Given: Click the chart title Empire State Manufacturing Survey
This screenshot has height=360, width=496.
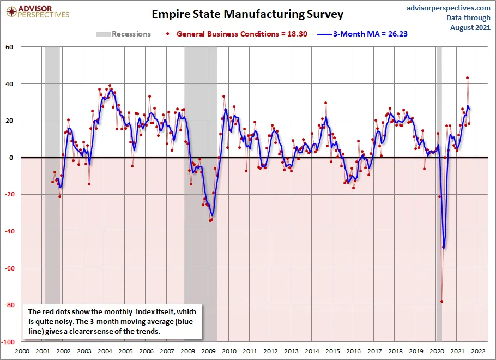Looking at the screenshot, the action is (x=247, y=14).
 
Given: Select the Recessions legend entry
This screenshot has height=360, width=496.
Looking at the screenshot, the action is (x=124, y=34).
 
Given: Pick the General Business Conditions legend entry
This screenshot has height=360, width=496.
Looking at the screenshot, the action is (x=234, y=34).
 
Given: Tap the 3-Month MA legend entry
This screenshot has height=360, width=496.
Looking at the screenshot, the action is (x=362, y=34).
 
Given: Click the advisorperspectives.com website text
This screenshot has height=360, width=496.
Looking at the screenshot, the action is (x=448, y=8).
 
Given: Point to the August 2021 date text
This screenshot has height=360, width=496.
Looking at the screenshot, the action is (x=470, y=28).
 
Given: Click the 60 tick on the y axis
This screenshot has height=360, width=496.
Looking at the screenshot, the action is (x=9, y=47).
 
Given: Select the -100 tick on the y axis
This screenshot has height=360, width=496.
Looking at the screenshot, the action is (x=8, y=342).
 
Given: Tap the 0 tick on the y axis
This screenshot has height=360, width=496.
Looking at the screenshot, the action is (x=11, y=158).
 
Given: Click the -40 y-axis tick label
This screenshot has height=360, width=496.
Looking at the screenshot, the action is (x=9, y=231).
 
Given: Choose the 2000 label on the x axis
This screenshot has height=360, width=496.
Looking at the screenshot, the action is (x=22, y=351).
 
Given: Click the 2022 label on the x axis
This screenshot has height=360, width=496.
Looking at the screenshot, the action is (x=478, y=351).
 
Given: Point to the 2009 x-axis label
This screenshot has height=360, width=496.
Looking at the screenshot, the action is (x=208, y=351).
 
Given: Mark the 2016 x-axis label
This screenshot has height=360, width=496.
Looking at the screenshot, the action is (x=354, y=351).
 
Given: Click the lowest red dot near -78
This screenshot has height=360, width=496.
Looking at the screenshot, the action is (x=442, y=302).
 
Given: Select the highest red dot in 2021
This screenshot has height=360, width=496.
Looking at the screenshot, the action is (x=467, y=77).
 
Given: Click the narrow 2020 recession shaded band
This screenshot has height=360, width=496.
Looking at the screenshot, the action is (x=439, y=194).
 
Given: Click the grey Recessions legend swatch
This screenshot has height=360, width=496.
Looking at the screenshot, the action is (x=104, y=34).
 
